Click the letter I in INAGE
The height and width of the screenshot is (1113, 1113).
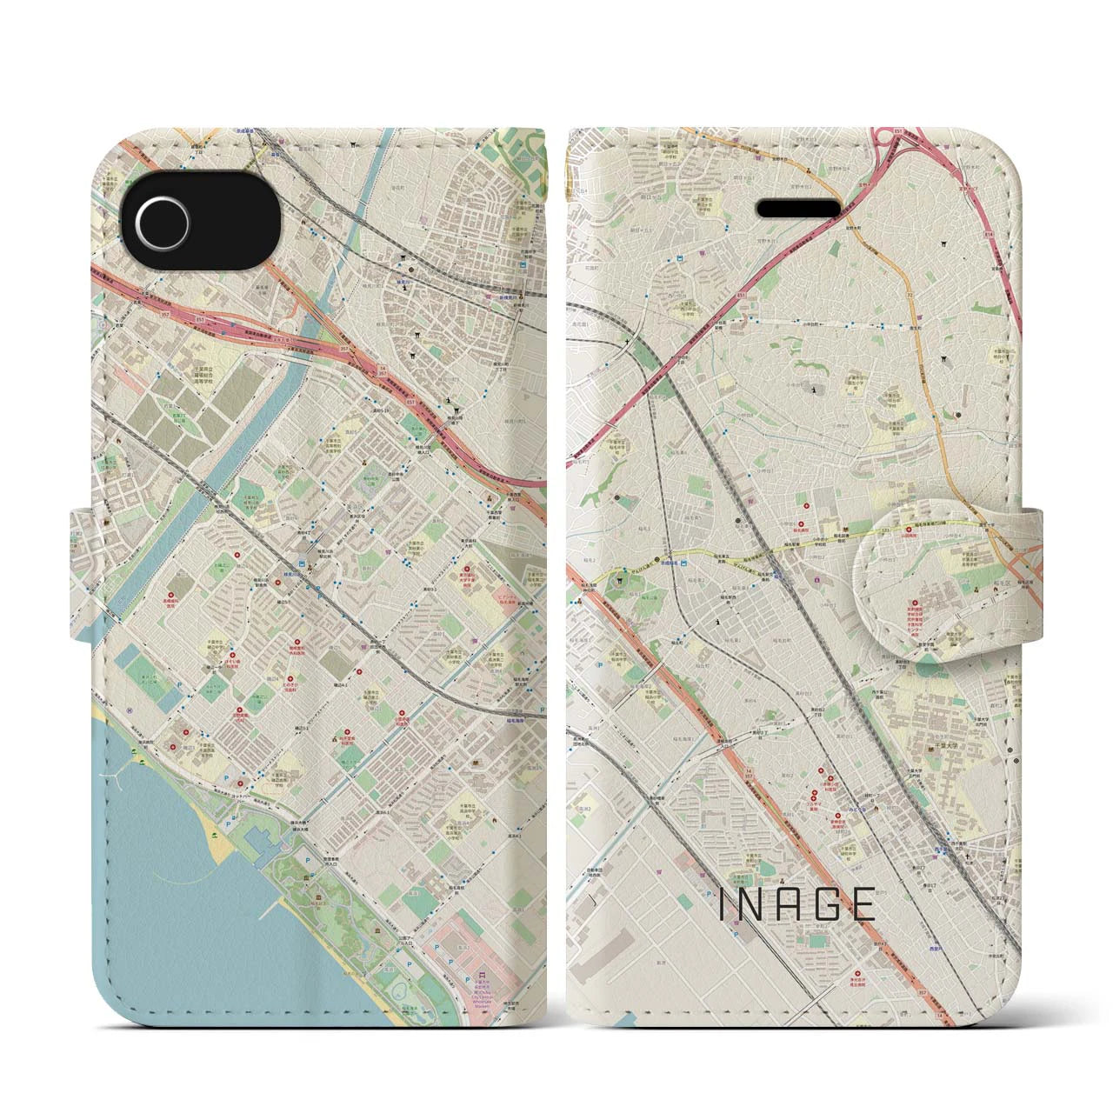coord(724,905)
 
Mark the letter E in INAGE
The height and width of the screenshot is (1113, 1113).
coord(863,905)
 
